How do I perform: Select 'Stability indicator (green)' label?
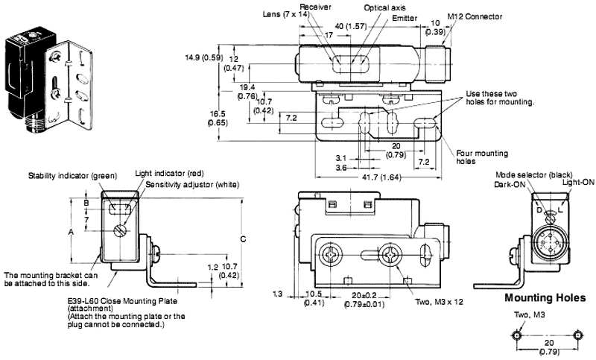pos(73,176)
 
